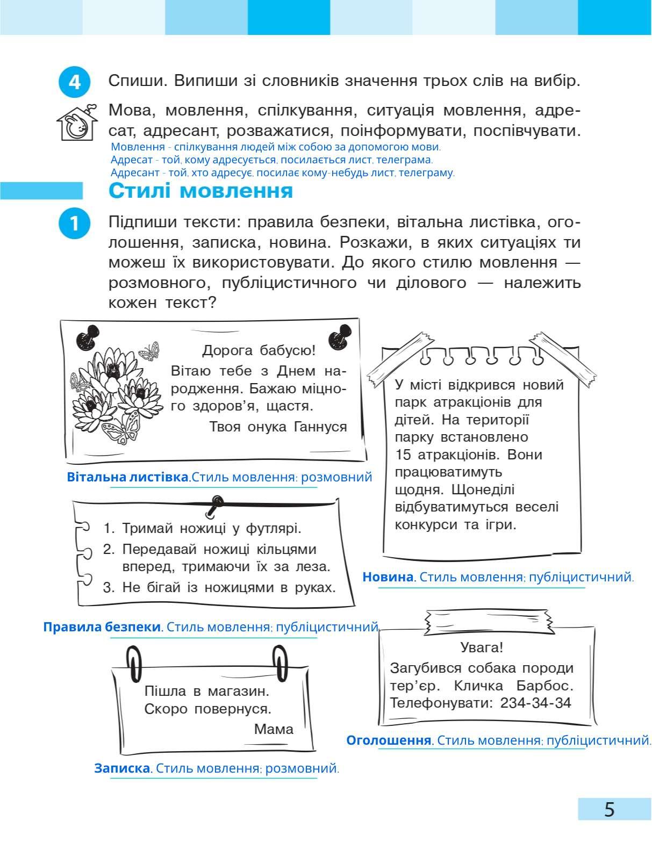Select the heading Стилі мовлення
click(x=200, y=191)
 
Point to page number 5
click(x=608, y=809)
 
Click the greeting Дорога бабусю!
click(x=259, y=351)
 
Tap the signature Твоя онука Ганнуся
click(x=277, y=427)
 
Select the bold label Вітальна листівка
click(x=127, y=477)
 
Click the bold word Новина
click(x=387, y=577)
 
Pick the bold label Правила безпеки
click(x=102, y=626)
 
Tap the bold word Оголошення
click(x=389, y=740)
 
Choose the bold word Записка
click(x=122, y=768)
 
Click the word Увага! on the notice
click(x=482, y=647)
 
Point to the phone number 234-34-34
click(x=535, y=703)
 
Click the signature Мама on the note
click(x=274, y=729)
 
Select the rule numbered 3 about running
click(x=219, y=587)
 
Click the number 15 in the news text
click(x=403, y=455)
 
